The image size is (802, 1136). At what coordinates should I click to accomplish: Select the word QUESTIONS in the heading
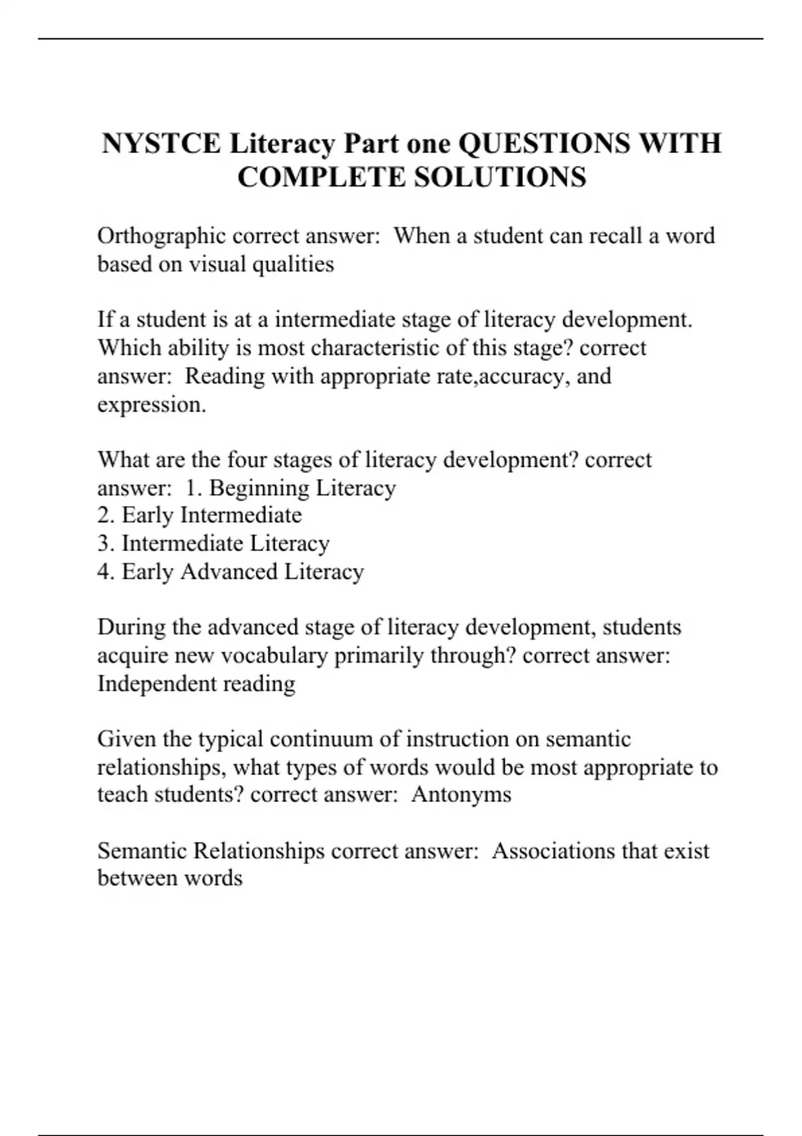[x=545, y=144]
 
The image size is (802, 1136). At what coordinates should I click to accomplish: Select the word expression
[x=151, y=405]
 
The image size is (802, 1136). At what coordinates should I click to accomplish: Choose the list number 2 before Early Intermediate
[x=106, y=515]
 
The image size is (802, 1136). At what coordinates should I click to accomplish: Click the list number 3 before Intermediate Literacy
[x=106, y=543]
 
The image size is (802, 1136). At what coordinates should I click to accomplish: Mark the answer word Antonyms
[x=461, y=795]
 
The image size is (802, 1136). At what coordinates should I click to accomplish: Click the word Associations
[x=553, y=851]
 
